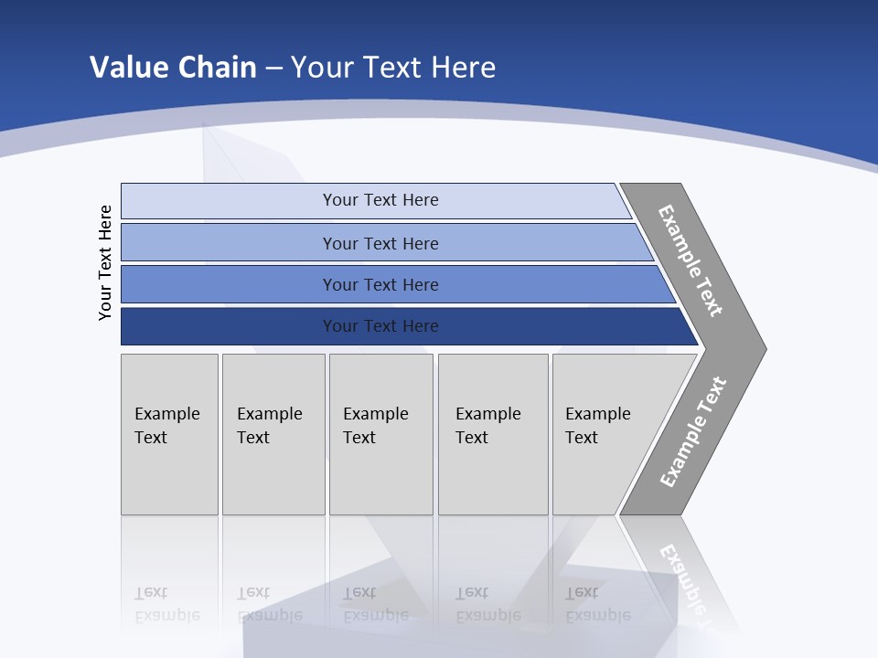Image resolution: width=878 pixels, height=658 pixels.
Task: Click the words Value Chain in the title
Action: pyautogui.click(x=173, y=67)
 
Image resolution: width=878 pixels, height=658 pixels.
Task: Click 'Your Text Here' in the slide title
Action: pyautogui.click(x=393, y=67)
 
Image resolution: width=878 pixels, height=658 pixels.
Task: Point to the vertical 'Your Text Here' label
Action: pyautogui.click(x=105, y=262)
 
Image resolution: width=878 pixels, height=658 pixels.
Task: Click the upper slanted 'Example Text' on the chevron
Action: pyautogui.click(x=691, y=260)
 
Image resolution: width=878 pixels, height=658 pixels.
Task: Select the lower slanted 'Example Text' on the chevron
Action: pyautogui.click(x=693, y=431)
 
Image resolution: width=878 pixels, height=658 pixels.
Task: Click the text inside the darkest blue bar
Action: pyautogui.click(x=380, y=326)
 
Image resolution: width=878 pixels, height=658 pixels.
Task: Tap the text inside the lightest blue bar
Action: pyautogui.click(x=380, y=200)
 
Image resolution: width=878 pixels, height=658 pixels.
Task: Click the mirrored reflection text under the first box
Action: pyautogui.click(x=166, y=604)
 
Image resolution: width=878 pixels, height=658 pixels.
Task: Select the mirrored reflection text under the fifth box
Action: pyautogui.click(x=597, y=604)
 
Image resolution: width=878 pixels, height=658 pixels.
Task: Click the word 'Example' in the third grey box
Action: pyautogui.click(x=375, y=414)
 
